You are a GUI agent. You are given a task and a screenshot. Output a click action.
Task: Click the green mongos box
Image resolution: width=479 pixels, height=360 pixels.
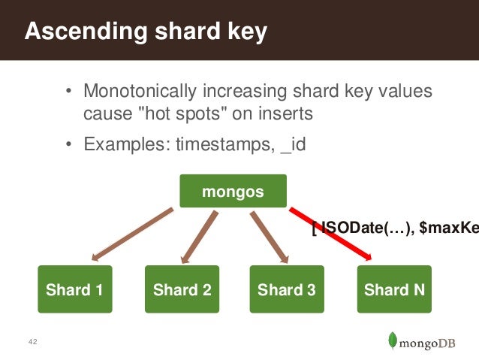pyautogui.click(x=233, y=191)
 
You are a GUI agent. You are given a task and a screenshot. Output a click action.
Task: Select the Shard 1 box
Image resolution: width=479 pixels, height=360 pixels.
pyautogui.click(x=75, y=289)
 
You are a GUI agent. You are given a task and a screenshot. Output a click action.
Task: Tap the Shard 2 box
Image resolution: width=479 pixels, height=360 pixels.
pyautogui.click(x=182, y=289)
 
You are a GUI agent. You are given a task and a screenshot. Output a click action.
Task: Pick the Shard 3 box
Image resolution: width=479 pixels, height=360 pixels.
pyautogui.click(x=286, y=289)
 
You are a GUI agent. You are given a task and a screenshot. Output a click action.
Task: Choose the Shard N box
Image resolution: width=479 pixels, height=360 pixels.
pyautogui.click(x=394, y=289)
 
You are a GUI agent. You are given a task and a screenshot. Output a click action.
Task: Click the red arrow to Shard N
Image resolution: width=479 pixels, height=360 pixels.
pyautogui.click(x=330, y=234)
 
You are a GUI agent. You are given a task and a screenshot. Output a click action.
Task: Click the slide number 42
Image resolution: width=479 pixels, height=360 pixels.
pyautogui.click(x=32, y=343)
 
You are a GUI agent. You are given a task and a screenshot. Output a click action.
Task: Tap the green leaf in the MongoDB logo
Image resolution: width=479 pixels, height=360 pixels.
pyautogui.click(x=392, y=340)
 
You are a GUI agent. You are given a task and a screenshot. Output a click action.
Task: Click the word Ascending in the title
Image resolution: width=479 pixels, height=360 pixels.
pyautogui.click(x=76, y=32)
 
